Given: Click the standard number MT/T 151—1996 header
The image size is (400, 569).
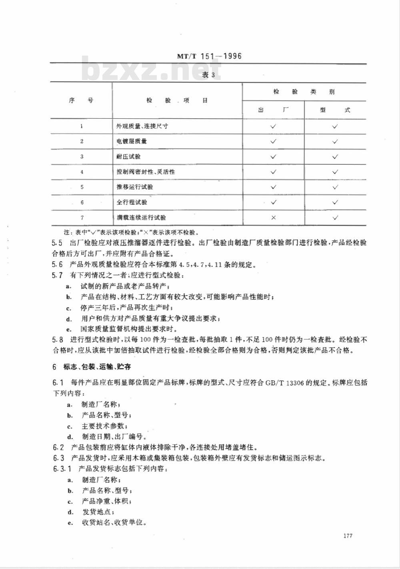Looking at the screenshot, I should pos(209,56).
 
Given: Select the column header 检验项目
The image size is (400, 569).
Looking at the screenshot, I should pos(177,101).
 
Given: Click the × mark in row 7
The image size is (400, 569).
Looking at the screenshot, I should pos(274,218).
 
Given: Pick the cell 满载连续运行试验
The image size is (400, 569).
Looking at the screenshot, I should pos(141,218).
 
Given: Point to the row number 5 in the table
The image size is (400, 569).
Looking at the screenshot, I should pos(82,187).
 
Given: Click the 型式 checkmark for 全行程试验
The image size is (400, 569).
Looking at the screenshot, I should pos(335,202).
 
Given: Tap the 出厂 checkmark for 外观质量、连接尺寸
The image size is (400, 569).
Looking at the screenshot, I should pos(274,126).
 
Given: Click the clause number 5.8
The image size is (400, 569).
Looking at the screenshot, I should pos(58,340).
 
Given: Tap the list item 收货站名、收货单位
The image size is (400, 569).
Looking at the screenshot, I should pos(114,522).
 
